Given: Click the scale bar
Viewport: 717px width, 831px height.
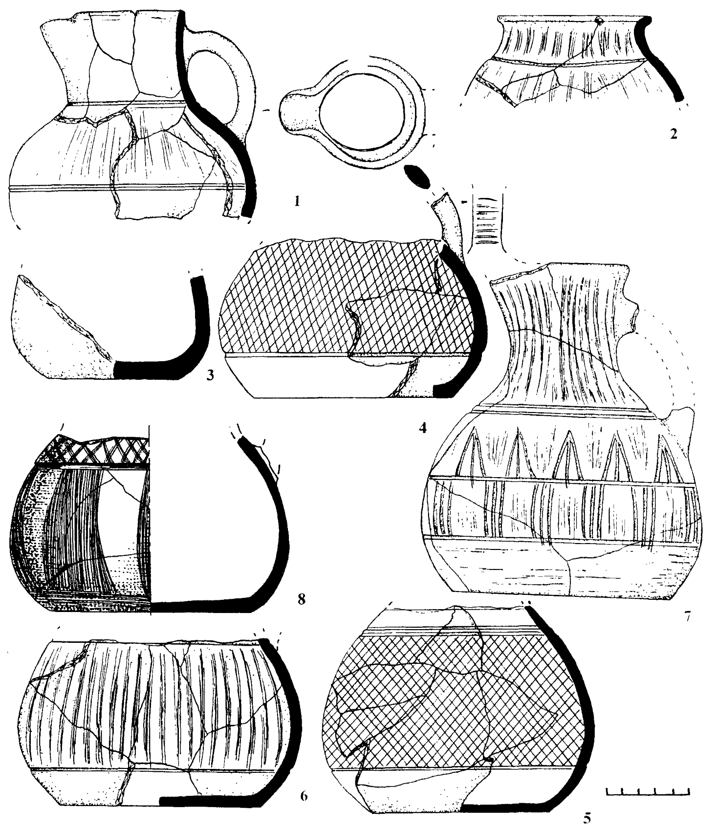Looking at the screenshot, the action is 648,792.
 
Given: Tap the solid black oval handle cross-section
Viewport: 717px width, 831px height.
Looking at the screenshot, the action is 417,176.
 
